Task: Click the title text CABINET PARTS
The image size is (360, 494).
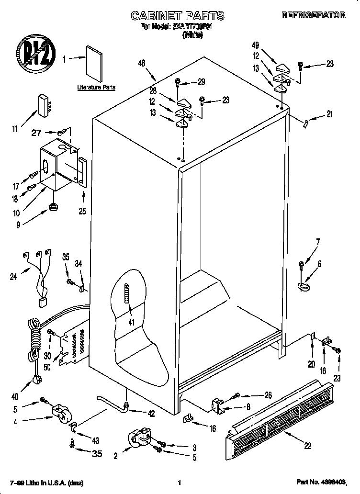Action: click(x=178, y=16)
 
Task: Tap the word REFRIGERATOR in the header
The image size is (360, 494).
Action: click(x=313, y=15)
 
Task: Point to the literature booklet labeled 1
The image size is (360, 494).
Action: click(x=94, y=63)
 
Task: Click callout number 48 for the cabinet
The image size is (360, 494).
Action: click(x=141, y=63)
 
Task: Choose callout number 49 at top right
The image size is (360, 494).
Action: click(x=255, y=45)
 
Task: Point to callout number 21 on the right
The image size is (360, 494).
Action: click(x=329, y=114)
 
